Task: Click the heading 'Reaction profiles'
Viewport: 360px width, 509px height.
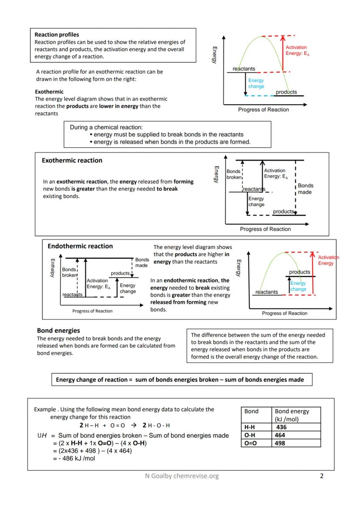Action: (x=57, y=34)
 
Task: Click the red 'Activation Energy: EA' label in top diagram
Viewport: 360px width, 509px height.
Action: (x=297, y=50)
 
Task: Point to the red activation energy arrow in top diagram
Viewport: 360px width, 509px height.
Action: (x=283, y=54)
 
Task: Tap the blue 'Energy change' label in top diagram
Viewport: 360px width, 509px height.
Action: (x=256, y=83)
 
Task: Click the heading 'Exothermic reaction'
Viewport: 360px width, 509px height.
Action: (x=72, y=160)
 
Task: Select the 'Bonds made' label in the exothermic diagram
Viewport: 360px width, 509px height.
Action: (x=305, y=189)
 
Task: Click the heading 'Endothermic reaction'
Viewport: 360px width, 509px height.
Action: (x=80, y=246)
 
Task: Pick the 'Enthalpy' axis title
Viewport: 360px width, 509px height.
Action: (x=53, y=268)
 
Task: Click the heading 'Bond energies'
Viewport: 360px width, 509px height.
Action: (x=58, y=330)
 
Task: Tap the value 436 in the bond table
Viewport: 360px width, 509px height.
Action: (x=281, y=427)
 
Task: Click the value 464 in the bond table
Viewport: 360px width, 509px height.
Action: (x=280, y=435)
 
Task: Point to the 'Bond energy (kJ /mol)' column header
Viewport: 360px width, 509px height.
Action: (x=292, y=415)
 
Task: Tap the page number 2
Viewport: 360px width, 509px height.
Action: (x=321, y=476)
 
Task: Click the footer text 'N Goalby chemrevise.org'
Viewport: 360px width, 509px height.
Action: (x=182, y=476)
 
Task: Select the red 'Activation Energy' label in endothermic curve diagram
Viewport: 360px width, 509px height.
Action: (x=328, y=260)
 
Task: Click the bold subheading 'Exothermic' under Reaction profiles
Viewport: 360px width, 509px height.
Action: (x=49, y=92)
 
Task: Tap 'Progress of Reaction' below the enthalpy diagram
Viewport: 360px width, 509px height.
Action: (x=92, y=311)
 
